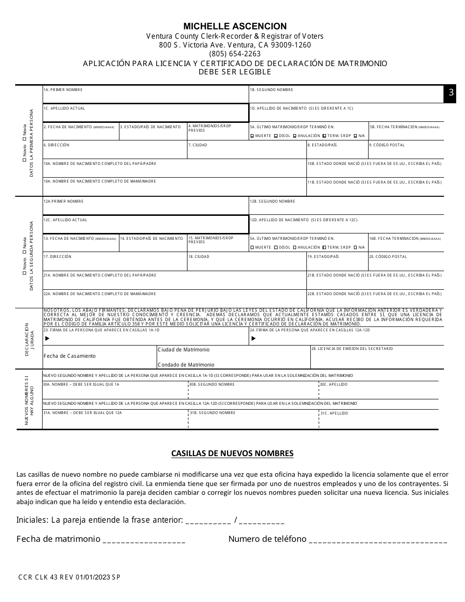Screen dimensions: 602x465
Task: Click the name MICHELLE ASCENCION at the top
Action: point(235,26)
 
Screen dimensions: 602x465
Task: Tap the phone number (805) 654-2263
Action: point(235,54)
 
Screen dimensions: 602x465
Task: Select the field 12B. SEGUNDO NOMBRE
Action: point(347,206)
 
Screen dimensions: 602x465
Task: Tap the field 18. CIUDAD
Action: point(247,262)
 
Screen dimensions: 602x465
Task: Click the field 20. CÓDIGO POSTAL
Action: point(406,262)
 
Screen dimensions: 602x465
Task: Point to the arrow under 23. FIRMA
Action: point(47,338)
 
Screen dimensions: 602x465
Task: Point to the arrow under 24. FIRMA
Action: point(253,338)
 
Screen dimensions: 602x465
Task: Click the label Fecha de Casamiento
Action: point(70,356)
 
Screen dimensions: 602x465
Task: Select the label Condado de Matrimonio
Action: point(186,365)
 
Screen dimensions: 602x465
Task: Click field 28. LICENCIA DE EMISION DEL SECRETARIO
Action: point(377,357)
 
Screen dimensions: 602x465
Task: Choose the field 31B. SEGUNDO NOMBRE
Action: point(253,419)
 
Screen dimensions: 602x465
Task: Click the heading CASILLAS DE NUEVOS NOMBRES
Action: point(232,453)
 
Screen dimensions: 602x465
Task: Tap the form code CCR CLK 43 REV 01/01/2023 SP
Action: point(68,577)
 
